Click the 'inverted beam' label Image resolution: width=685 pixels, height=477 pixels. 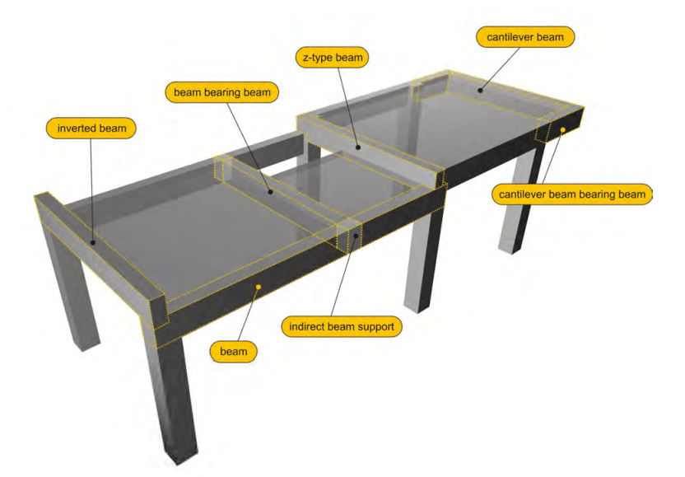point(91,128)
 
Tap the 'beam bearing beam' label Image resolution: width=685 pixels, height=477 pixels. point(222,92)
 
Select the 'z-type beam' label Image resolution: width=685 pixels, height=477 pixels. point(333,58)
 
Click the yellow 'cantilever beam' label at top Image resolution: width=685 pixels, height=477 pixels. point(525,37)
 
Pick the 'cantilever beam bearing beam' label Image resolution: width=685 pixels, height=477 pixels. point(572,194)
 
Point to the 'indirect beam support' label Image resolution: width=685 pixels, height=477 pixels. point(342,326)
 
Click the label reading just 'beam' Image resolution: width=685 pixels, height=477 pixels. point(233,352)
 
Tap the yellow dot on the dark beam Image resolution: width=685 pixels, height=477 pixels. point(259,287)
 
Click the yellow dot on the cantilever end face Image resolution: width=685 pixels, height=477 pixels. point(563,130)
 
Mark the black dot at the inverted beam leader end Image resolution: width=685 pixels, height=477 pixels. point(92,243)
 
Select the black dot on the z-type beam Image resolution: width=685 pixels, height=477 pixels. point(358,147)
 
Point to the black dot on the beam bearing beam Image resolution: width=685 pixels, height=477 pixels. point(270,191)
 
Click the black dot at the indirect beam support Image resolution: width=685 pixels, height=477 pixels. point(356,236)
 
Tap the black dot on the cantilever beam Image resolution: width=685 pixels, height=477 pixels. point(480,91)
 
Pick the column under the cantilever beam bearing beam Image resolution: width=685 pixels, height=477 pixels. point(520,197)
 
